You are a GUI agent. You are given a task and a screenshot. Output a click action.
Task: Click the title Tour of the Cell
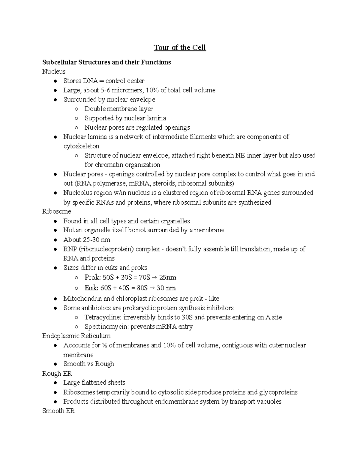[180, 48]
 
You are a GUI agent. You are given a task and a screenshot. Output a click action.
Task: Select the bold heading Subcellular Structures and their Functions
[106, 62]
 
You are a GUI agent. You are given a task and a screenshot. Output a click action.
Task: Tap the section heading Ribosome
[56, 211]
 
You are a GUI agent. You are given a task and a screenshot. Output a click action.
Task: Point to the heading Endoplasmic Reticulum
[76, 336]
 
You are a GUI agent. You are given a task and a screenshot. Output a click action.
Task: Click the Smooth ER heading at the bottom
[58, 411]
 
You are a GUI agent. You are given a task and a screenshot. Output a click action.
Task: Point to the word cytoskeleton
[81, 146]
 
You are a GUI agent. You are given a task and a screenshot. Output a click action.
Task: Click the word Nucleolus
[76, 193]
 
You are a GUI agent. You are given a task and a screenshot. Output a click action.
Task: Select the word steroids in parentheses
[164, 183]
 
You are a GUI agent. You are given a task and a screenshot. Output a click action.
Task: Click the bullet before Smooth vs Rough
[55, 364]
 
